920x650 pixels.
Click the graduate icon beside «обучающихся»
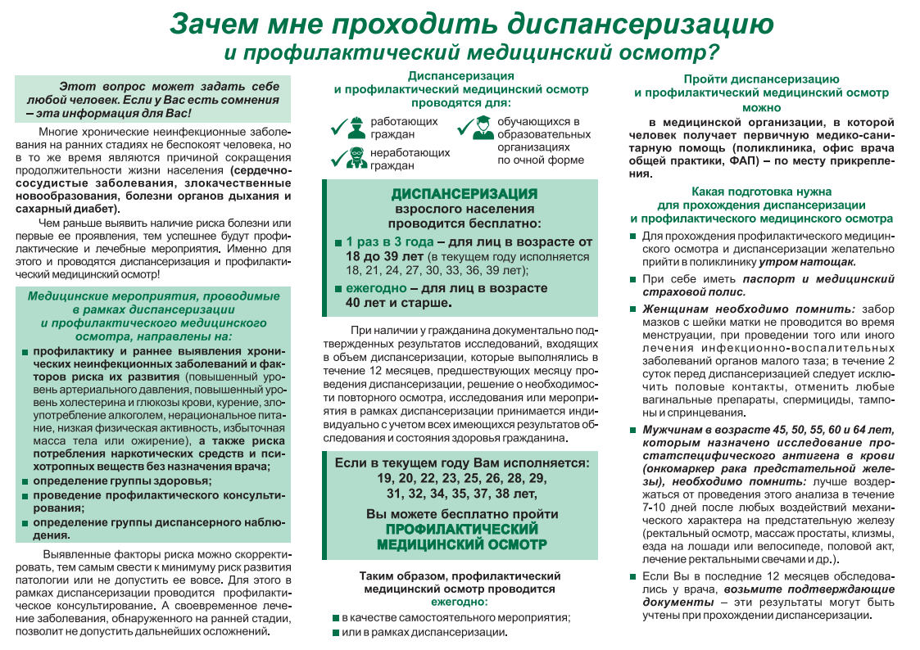click(x=483, y=127)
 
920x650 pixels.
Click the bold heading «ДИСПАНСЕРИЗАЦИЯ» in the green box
click(x=464, y=194)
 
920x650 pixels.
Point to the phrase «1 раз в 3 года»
click(x=389, y=242)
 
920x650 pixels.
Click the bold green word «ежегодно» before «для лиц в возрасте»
click(x=376, y=288)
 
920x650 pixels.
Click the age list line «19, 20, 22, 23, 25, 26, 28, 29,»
click(x=462, y=478)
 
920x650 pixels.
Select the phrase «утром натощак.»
click(x=808, y=262)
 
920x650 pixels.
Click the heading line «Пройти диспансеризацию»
click(x=761, y=79)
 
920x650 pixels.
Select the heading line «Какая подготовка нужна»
click(x=761, y=191)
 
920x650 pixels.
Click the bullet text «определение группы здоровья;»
click(x=122, y=481)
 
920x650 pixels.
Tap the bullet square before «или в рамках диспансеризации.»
click(x=336, y=633)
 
